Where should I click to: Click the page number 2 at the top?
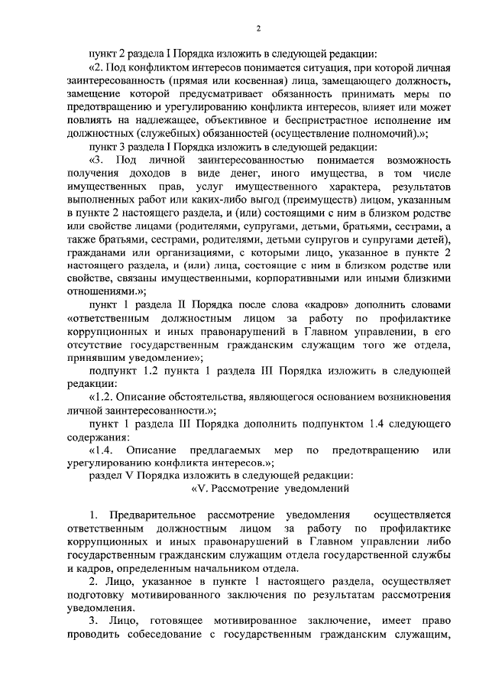[257, 28]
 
